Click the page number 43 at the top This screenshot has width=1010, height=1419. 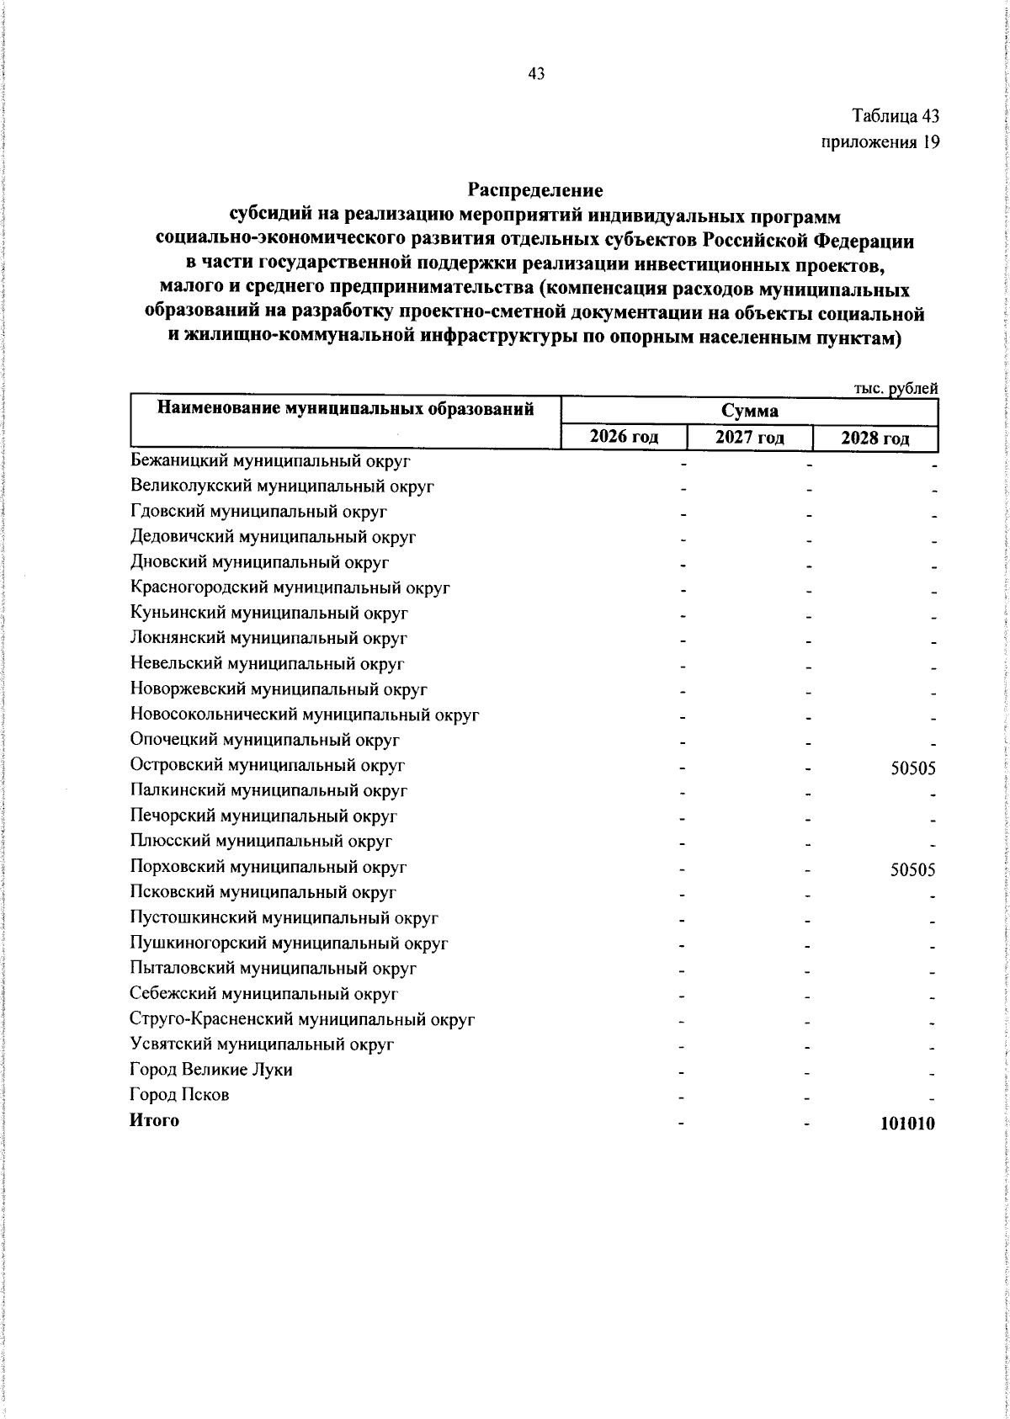(x=536, y=74)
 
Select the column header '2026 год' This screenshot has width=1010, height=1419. (x=624, y=437)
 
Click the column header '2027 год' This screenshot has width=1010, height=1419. (x=749, y=437)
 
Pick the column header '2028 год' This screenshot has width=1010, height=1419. (x=874, y=438)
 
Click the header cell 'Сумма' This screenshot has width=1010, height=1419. (x=749, y=412)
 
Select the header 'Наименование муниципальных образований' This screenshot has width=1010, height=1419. (x=346, y=410)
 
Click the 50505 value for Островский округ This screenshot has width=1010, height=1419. (x=912, y=768)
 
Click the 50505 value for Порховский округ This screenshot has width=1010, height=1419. (x=912, y=869)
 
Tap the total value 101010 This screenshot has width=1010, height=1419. (x=907, y=1124)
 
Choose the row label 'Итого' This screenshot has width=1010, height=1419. (x=154, y=1120)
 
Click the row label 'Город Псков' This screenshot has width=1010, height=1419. (x=179, y=1095)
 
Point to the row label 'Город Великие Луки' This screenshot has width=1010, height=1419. (x=211, y=1070)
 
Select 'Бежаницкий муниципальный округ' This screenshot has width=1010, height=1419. (x=270, y=461)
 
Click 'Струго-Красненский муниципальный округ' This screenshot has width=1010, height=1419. (x=303, y=1019)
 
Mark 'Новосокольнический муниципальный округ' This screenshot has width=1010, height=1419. (x=305, y=715)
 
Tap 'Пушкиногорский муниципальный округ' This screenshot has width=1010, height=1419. (x=289, y=943)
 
